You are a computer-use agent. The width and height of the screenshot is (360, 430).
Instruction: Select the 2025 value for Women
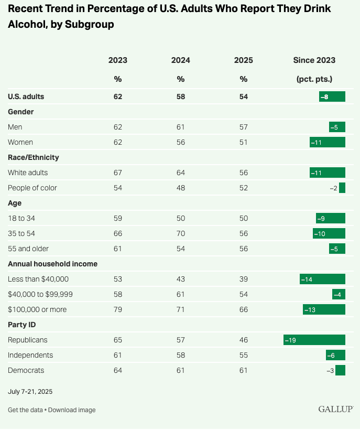(243, 142)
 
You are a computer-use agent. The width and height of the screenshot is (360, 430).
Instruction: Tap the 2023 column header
(117, 60)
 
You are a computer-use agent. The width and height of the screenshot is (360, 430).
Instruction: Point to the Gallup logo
(335, 409)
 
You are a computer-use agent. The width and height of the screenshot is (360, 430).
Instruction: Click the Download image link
(72, 410)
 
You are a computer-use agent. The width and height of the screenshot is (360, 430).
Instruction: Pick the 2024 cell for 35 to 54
(180, 233)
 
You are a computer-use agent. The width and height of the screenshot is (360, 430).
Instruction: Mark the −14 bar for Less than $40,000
(322, 279)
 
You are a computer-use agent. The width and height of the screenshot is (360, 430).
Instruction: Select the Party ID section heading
(21, 325)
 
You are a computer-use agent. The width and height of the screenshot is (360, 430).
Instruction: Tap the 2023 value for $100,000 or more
(117, 309)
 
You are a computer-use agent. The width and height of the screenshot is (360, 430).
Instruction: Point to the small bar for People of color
(342, 188)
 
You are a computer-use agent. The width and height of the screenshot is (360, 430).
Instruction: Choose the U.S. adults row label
(26, 96)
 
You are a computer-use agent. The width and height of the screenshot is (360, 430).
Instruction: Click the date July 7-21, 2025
(30, 392)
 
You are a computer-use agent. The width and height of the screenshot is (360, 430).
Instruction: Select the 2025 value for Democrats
(243, 370)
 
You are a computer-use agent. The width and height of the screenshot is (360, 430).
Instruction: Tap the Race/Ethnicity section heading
(34, 157)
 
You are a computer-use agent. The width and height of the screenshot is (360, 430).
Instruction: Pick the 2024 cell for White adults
(180, 173)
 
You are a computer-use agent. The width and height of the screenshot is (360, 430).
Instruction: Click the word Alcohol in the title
(26, 25)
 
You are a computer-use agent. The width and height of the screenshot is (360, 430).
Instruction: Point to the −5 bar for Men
(337, 127)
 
